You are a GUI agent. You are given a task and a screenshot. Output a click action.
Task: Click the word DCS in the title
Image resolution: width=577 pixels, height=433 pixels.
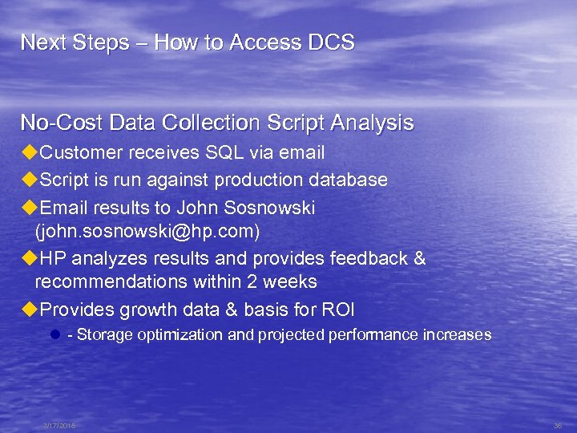(x=329, y=42)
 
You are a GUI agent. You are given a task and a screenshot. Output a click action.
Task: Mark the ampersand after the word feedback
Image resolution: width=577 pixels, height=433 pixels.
(x=419, y=259)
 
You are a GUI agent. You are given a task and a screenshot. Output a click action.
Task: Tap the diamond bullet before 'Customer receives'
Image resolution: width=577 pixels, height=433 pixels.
(x=30, y=152)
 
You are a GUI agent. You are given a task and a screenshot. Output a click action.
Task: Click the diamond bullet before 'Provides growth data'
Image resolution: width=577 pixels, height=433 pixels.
(x=30, y=310)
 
